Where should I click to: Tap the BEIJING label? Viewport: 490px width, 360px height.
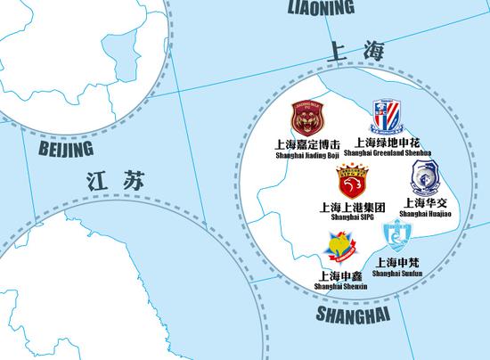[x=66, y=147]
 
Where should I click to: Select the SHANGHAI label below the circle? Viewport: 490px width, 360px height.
[x=355, y=315]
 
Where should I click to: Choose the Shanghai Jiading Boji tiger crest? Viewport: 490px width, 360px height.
[x=308, y=119]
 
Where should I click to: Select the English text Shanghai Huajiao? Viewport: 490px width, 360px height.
[x=427, y=213]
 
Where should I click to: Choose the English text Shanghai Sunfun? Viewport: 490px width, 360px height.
[x=397, y=273]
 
